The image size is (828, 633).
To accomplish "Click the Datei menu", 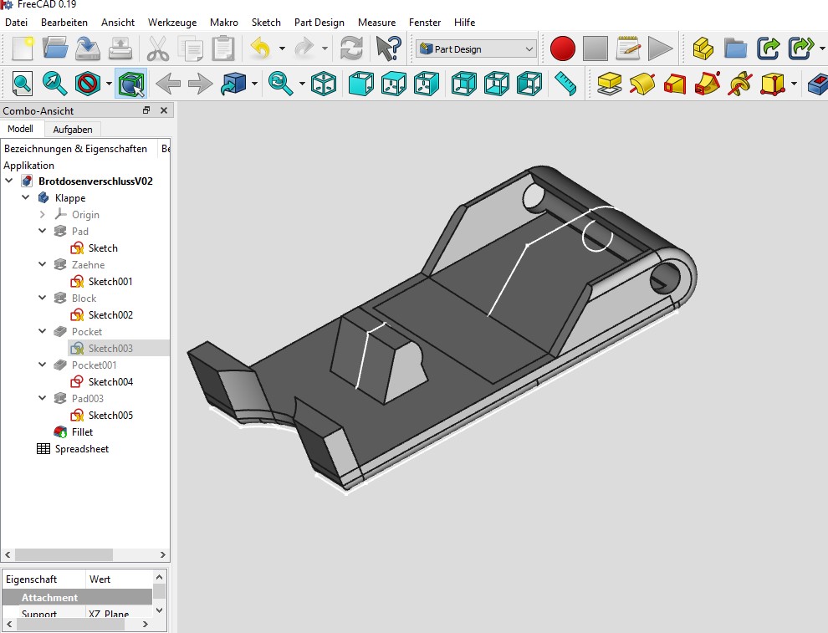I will (16, 23).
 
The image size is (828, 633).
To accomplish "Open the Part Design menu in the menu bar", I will (319, 23).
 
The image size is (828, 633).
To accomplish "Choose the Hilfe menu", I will (464, 23).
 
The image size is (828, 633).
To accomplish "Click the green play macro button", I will (660, 48).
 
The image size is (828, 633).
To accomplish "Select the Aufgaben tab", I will (73, 130).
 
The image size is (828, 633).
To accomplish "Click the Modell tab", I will (20, 129).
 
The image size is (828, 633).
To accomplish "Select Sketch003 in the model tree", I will (110, 349).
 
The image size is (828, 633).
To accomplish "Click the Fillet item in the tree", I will (82, 432).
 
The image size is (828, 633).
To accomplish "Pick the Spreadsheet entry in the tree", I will (82, 449).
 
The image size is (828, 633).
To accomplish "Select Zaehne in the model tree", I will (88, 265).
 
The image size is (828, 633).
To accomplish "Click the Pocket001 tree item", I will (94, 365).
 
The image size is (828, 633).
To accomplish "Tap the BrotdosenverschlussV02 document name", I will (95, 181).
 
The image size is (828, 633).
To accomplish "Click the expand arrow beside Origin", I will (43, 215).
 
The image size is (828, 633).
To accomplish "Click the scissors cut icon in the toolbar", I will (157, 48).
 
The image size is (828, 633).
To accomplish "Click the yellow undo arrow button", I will (260, 48).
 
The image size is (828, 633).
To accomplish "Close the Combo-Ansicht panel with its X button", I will (163, 110).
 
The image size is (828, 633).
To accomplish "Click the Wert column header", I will (100, 579).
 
